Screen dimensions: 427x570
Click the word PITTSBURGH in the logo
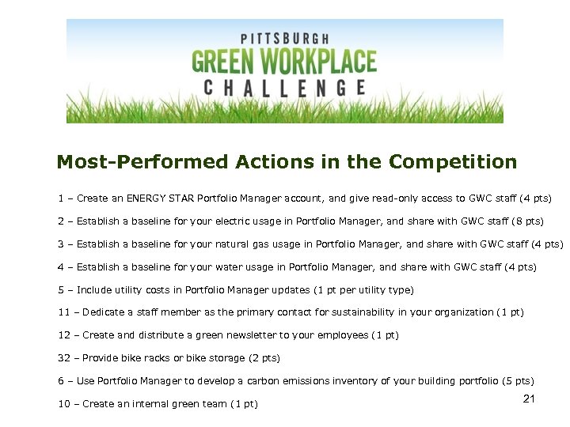pyautogui.click(x=284, y=38)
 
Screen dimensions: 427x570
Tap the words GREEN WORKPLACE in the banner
pyautogui.click(x=284, y=62)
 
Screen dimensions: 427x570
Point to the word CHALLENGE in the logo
pyautogui.click(x=284, y=88)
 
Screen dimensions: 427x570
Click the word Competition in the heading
pyautogui.click(x=453, y=163)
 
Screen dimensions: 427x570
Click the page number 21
pyautogui.click(x=530, y=399)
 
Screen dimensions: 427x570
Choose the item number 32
pyautogui.click(x=64, y=358)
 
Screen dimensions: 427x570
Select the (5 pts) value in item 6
pyautogui.click(x=519, y=381)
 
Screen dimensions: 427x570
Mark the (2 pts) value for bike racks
pyautogui.click(x=264, y=358)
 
